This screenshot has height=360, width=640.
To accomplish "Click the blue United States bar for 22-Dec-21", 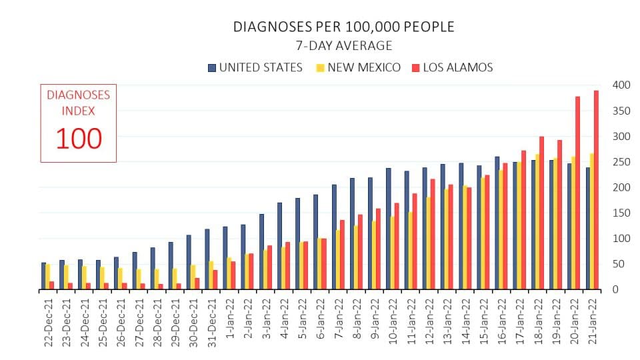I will [43, 276].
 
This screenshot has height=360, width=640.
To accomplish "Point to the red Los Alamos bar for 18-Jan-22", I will [541, 213].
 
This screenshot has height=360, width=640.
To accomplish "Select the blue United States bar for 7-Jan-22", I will [334, 237].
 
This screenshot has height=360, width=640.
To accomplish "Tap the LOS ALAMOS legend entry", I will [453, 67].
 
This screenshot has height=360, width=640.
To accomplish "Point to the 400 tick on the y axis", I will [621, 85].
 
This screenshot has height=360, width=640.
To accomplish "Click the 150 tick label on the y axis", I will [621, 213].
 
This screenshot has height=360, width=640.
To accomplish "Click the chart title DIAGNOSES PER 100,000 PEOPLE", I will [343, 27].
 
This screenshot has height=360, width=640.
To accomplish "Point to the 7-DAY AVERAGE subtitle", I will [344, 46].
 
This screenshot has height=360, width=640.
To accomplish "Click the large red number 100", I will [79, 139].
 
